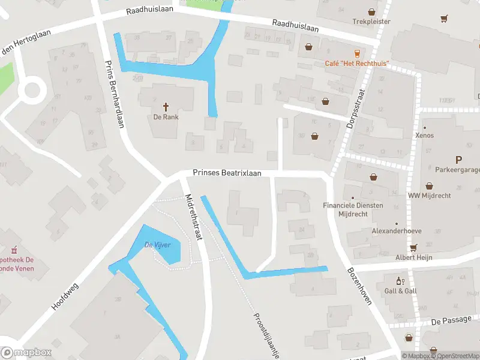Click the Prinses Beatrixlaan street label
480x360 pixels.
227,173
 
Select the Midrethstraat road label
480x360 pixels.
194,217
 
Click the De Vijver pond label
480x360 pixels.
158,245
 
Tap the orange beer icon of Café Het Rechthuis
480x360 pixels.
358,53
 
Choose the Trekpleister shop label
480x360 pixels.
371,22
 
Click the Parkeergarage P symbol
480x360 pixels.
459,160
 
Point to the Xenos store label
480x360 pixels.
424,136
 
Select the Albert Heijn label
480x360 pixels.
413,257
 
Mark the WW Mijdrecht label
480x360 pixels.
429,196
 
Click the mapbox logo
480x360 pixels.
26,353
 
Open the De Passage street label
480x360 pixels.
451,320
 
